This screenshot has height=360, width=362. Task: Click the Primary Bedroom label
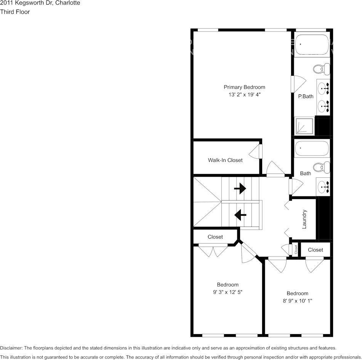tap(244, 87)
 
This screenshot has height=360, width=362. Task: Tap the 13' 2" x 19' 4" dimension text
tap(244, 95)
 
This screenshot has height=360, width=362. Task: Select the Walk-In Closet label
tap(225, 160)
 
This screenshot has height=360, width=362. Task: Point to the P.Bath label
tap(306, 96)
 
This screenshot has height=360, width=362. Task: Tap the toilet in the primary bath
tap(321, 69)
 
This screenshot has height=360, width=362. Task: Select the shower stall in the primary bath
tap(304, 126)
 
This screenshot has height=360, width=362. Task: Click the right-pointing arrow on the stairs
tap(240, 188)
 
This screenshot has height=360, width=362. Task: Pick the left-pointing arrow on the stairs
tap(240, 215)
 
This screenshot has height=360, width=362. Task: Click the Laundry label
tap(304, 219)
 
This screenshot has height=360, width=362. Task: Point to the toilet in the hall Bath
tap(321, 167)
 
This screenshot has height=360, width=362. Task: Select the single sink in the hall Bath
tap(323, 186)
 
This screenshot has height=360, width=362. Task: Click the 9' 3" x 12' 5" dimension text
tap(228, 292)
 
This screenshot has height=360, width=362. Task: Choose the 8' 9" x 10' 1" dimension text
tap(297, 301)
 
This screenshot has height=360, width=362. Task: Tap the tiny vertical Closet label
tap(296, 249)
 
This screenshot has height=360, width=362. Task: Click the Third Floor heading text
tap(15, 12)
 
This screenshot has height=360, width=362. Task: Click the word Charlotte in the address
tap(67, 3)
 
